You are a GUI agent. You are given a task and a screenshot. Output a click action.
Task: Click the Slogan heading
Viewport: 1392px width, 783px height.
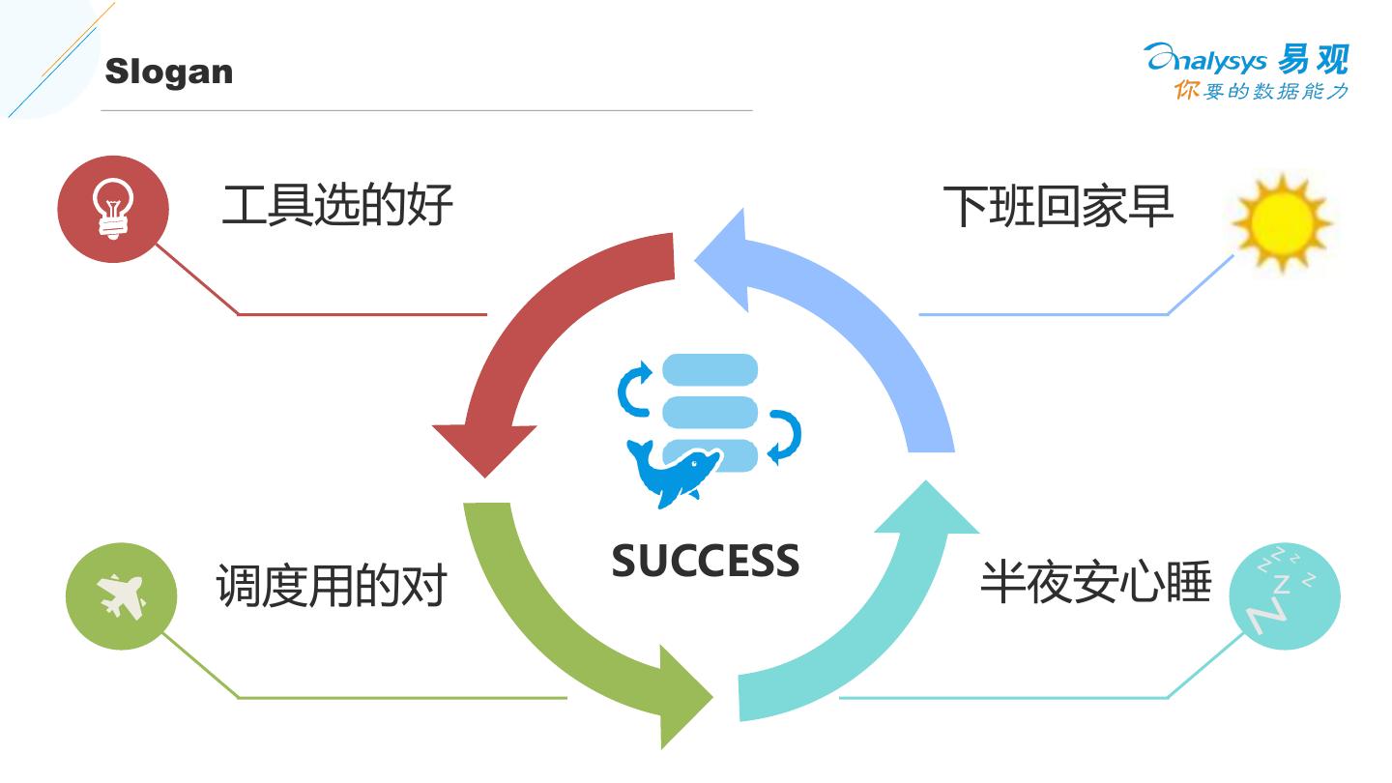pos(168,72)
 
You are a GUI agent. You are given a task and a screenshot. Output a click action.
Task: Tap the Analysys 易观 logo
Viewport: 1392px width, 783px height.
pos(1246,59)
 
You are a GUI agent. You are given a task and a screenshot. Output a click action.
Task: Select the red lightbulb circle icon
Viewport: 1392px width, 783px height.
pos(113,209)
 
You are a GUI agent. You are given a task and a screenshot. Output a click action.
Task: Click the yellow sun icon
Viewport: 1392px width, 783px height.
pos(1281,223)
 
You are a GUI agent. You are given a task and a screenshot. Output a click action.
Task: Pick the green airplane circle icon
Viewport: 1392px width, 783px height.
pos(121,596)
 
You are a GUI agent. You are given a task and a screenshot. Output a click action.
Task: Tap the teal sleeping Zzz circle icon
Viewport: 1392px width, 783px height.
pos(1285,594)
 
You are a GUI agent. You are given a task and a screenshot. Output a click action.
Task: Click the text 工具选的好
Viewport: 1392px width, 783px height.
pos(336,206)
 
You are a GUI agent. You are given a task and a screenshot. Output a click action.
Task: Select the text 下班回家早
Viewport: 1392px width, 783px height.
pos(1058,206)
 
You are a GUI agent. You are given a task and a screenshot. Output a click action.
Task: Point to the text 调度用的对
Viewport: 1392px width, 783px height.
pos(331,586)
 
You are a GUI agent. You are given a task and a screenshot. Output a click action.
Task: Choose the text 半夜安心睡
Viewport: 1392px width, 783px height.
pos(1095,582)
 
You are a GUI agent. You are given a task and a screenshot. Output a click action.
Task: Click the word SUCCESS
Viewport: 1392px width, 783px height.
pos(706,561)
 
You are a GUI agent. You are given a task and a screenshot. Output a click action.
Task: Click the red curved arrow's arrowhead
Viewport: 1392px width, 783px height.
pos(483,447)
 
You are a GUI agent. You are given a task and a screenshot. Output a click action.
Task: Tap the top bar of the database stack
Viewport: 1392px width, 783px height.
pos(710,370)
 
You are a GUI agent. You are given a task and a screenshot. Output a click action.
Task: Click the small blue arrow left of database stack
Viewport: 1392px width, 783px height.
pos(635,390)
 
